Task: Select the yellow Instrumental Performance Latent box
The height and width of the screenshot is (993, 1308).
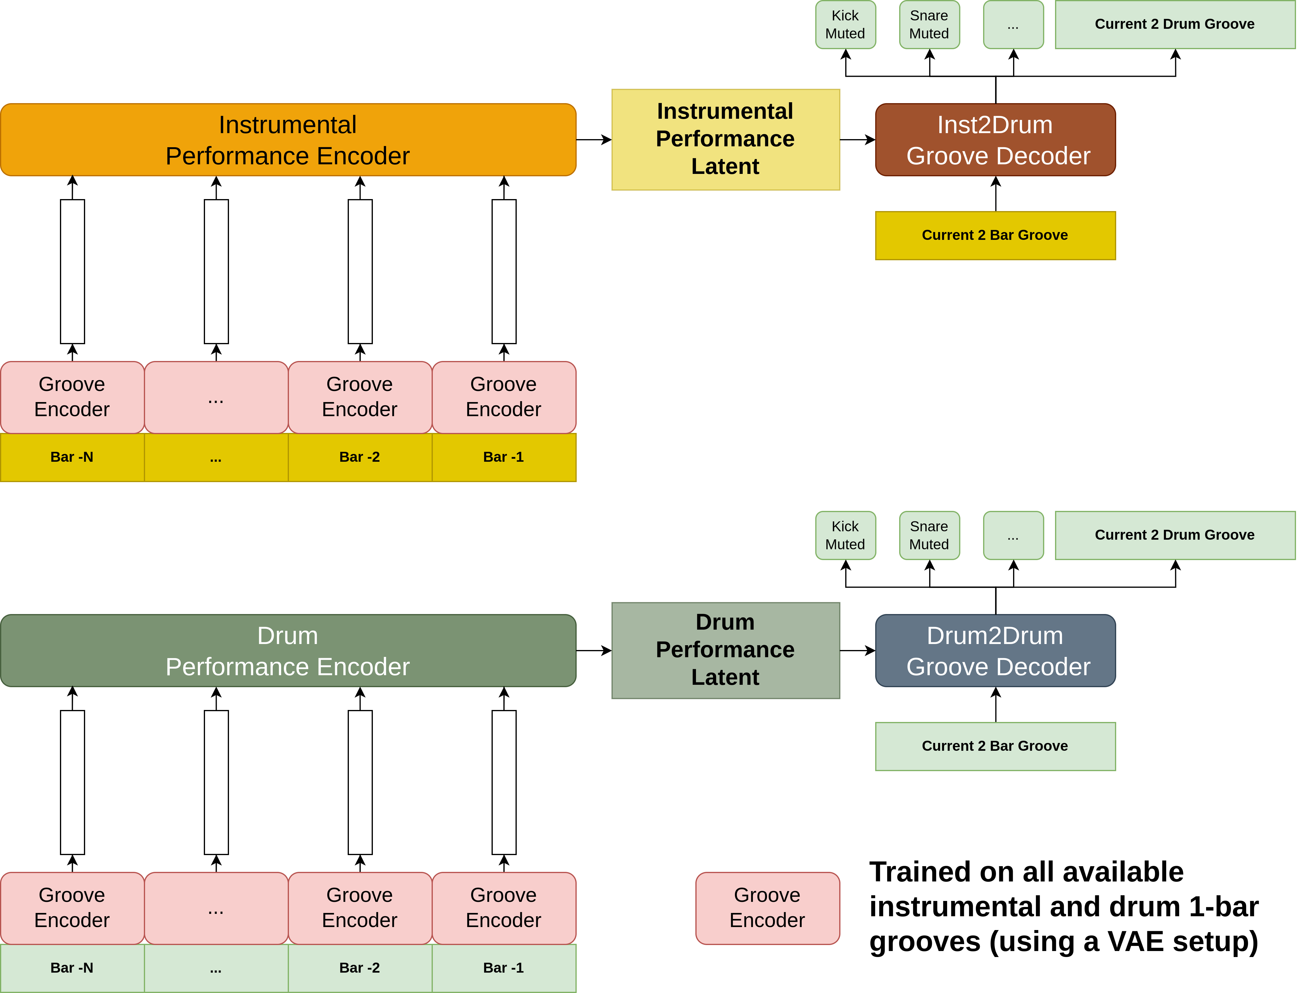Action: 726,140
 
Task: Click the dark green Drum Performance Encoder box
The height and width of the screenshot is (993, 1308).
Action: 288,651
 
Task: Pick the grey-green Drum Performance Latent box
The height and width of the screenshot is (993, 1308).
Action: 726,651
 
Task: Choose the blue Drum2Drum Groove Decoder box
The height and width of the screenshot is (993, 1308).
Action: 995,651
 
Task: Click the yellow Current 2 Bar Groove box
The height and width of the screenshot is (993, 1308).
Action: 995,235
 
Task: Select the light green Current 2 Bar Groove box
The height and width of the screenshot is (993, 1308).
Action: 995,746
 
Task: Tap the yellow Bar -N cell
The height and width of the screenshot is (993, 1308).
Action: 72,457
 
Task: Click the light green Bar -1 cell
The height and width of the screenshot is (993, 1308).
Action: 504,968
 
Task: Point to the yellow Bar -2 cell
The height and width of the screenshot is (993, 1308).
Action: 360,457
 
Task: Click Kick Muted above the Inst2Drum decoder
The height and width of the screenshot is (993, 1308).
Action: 846,24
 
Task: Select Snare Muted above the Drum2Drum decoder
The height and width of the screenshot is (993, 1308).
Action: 929,535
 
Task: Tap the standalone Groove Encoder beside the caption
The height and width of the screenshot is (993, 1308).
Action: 768,908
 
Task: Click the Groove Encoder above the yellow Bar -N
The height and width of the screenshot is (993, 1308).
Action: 72,397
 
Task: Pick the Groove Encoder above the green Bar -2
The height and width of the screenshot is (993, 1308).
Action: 360,908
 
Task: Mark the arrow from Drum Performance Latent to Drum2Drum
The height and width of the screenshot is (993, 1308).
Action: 858,651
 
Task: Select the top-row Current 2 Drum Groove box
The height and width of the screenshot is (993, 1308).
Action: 1175,24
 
